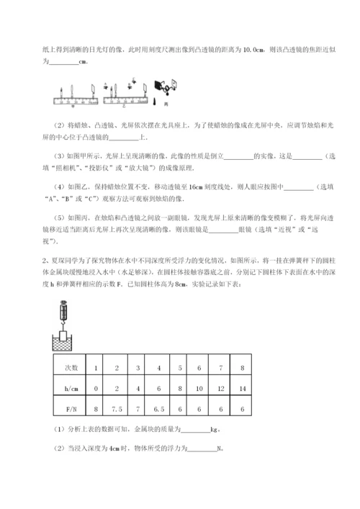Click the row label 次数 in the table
70,368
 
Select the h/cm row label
70,388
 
